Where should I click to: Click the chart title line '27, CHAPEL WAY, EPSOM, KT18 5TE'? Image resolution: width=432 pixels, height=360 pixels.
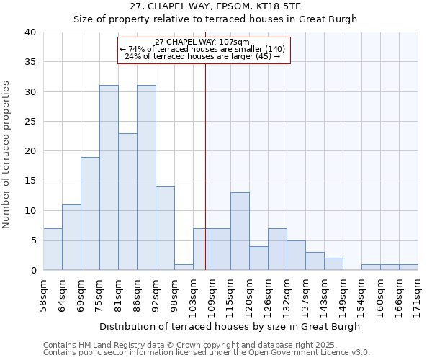pos(215,6)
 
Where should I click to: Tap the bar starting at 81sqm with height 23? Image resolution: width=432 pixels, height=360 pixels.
pos(127,202)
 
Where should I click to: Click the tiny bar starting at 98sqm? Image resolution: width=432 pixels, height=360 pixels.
pos(184,267)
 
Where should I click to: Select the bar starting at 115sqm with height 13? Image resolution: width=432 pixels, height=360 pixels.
pos(240,231)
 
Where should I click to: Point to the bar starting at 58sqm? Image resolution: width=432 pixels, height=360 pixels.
pos(53,249)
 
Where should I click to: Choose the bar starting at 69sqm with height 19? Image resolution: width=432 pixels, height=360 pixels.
pos(90,214)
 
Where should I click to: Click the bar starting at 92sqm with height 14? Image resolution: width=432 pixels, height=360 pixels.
pos(165,228)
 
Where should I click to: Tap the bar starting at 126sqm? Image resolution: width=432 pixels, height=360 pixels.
pos(277,249)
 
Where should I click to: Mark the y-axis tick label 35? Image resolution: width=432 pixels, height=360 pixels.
pos(30,62)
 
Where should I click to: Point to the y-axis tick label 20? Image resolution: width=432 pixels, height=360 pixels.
pos(30,151)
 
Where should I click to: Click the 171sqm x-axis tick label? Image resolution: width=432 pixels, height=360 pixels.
pos(418,294)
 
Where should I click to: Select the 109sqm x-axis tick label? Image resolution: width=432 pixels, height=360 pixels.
pos(212,294)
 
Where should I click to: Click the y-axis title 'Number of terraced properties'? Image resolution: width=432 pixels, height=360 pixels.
pos(6,155)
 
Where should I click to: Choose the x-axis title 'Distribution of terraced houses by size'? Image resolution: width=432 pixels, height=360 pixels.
pos(215,326)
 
